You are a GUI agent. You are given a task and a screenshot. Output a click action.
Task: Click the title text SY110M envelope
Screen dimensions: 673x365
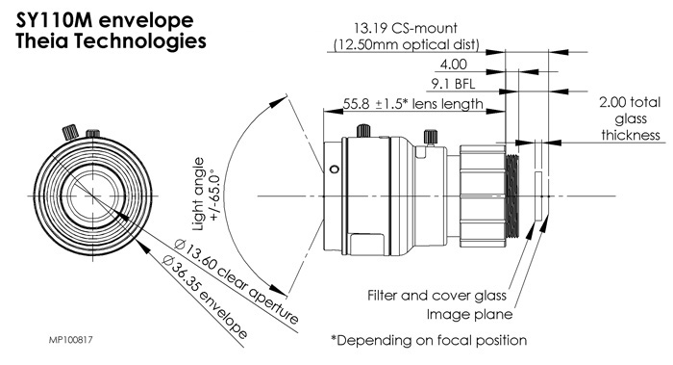[105, 21]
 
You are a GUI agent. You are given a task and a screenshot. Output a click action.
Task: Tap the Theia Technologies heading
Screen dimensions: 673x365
[111, 41]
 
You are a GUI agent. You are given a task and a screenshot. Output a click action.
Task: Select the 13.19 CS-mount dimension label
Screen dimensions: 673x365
[405, 28]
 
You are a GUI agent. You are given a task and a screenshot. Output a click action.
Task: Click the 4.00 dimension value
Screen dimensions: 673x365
[453, 65]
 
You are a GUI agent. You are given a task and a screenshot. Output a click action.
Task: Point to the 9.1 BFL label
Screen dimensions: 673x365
[453, 84]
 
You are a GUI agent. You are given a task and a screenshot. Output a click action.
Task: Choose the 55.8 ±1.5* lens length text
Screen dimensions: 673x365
[412, 104]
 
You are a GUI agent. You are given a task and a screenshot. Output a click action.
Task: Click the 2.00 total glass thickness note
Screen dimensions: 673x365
[630, 118]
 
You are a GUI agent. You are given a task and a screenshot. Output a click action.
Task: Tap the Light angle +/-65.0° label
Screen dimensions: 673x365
[206, 195]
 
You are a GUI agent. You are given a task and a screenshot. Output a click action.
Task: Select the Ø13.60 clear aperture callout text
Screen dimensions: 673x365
[237, 282]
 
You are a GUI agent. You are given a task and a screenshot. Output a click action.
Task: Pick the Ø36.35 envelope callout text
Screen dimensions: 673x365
[205, 297]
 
